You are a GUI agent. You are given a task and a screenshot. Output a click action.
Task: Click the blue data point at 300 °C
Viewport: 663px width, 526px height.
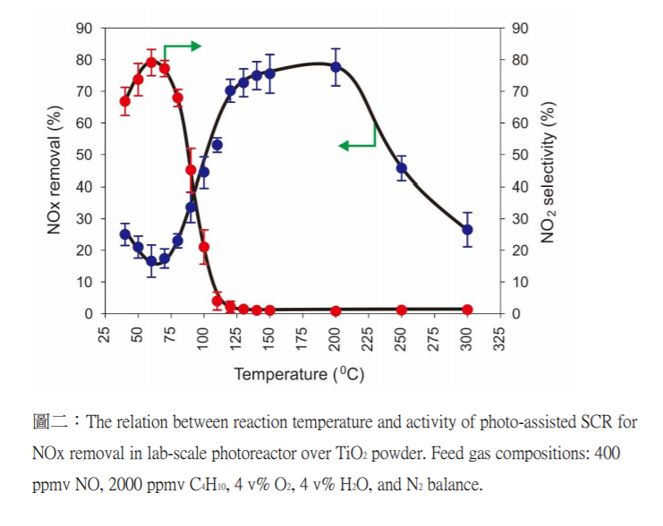tap(467, 230)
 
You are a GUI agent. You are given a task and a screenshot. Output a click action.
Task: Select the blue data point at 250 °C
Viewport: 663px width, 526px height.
tap(402, 168)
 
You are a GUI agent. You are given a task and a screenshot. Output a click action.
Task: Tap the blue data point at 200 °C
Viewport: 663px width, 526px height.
tap(336, 67)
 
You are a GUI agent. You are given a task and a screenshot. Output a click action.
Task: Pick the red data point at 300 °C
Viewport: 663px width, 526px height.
tap(467, 310)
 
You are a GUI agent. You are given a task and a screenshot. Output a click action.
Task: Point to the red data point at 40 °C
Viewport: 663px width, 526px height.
tap(125, 101)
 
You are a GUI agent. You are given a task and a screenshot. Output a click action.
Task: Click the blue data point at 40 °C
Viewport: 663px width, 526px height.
tap(125, 234)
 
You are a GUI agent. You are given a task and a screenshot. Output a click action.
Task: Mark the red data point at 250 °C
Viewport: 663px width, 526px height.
tap(402, 310)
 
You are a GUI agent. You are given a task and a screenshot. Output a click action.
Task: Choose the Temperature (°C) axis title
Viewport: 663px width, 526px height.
tap(299, 375)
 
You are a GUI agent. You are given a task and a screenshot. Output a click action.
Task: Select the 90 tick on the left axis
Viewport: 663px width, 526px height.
tap(84, 28)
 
